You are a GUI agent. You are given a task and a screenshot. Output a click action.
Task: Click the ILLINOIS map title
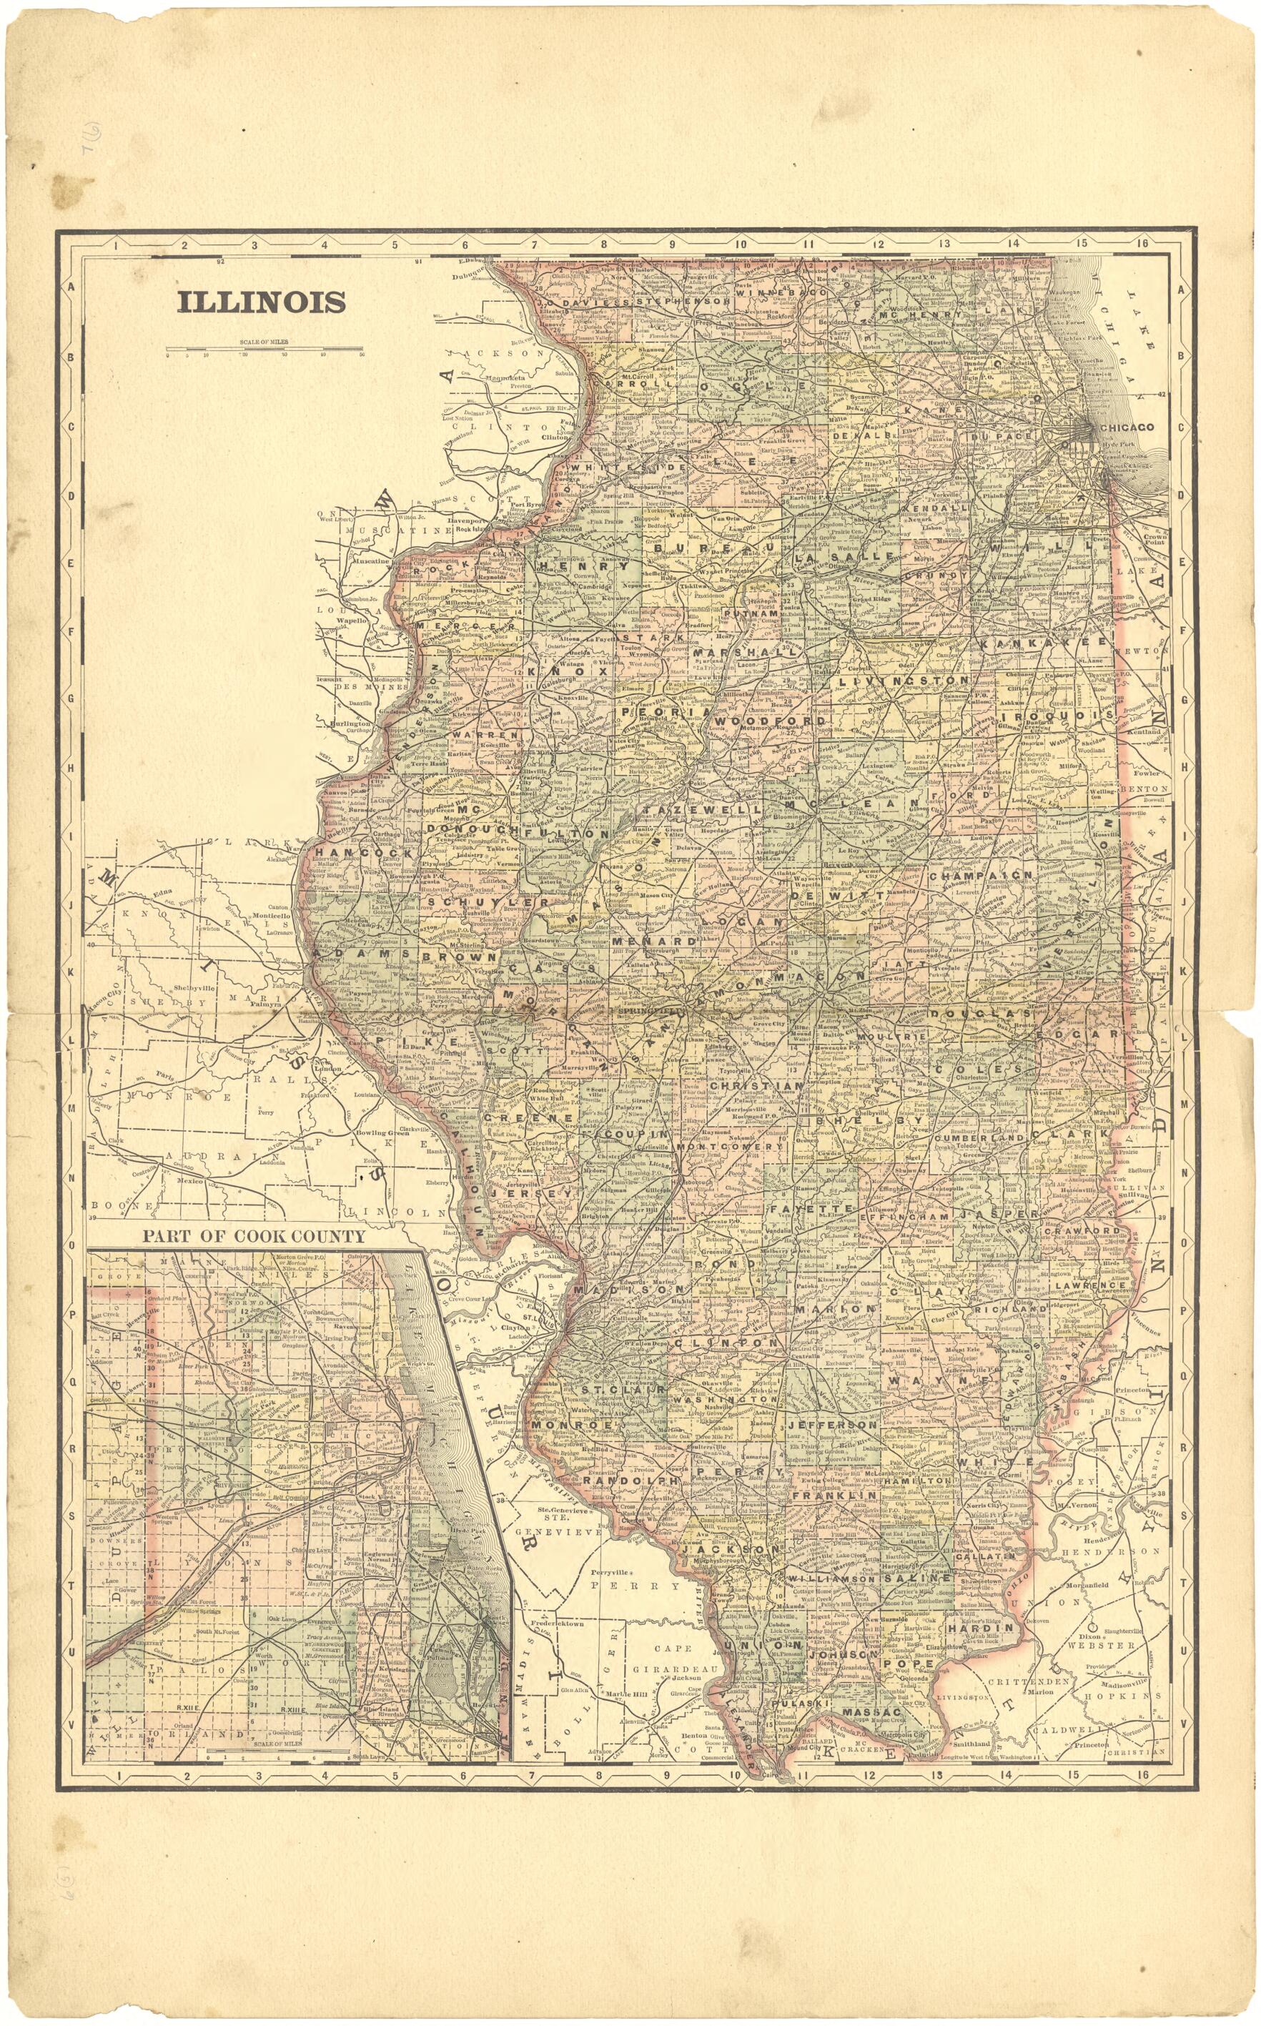click(261, 302)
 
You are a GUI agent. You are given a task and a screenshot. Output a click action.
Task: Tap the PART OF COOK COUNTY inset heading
click(254, 1236)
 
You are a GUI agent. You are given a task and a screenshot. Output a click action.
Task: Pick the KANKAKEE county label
click(1047, 644)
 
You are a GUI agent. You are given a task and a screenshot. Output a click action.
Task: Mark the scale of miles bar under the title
click(264, 348)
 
